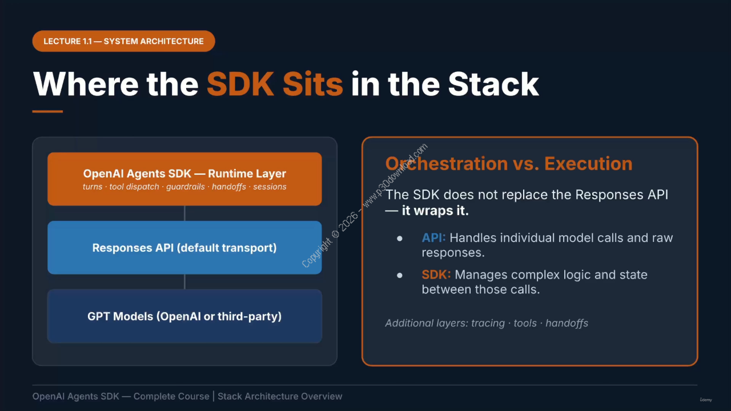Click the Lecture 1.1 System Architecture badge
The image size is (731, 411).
[x=123, y=41]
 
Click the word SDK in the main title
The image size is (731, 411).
[x=240, y=84]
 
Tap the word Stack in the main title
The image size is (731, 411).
[x=493, y=84]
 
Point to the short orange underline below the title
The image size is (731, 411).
[x=47, y=111]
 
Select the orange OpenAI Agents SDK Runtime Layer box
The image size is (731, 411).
[x=184, y=179]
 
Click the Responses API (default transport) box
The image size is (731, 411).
[x=184, y=248]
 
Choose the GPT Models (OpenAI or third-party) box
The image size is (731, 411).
[x=184, y=316]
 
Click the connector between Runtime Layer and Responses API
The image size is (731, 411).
[x=184, y=213]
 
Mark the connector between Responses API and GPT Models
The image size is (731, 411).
[x=184, y=282]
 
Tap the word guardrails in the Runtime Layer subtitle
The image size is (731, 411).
[x=186, y=187]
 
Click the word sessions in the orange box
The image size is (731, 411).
[x=270, y=187]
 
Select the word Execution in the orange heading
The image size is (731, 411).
[x=588, y=164]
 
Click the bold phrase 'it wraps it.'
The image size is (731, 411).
[x=435, y=211]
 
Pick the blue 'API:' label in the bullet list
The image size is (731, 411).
[x=433, y=238]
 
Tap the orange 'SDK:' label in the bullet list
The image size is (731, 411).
[x=436, y=275]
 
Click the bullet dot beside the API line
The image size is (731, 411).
[x=399, y=239]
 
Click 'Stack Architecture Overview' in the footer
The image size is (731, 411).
[x=280, y=396]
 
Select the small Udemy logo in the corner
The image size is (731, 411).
[x=705, y=400]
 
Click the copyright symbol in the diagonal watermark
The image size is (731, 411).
[x=335, y=234]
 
